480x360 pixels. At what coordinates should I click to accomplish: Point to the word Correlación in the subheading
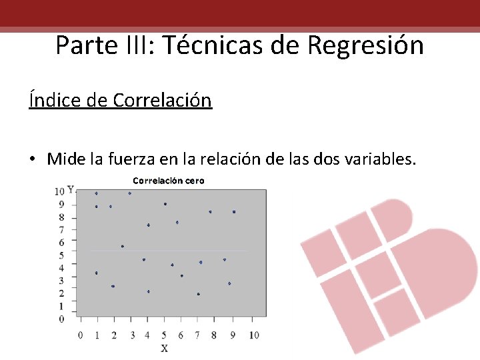162,100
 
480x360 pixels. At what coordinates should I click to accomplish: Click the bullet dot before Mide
32,159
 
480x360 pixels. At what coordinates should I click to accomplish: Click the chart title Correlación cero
168,181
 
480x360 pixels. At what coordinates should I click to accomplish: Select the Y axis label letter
71,191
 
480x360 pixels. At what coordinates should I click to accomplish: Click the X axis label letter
164,348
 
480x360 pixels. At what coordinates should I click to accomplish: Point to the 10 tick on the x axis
254,335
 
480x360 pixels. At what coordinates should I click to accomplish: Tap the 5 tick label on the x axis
165,335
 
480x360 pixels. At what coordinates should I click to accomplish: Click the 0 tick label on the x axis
81,335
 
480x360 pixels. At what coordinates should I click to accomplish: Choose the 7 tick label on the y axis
61,230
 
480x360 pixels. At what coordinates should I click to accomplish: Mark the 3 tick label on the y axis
61,281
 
